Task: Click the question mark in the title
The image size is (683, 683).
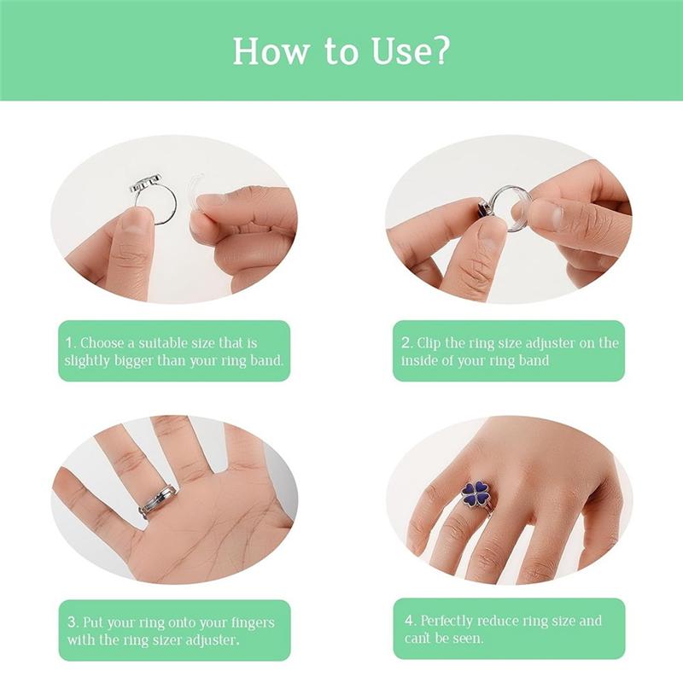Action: pos(439,51)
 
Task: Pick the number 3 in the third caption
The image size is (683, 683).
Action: pos(73,622)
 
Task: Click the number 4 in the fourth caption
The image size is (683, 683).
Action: pos(410,621)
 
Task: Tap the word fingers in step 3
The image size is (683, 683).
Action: pos(251,623)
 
